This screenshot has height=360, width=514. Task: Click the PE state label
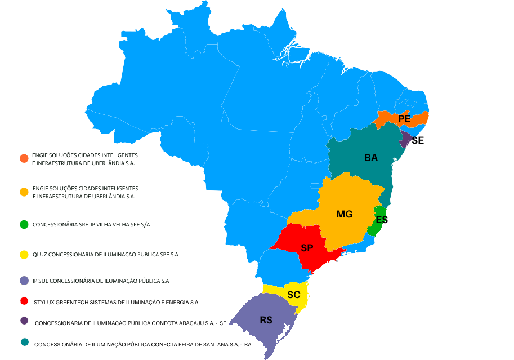point(404,119)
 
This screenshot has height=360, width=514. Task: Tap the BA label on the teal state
point(371,158)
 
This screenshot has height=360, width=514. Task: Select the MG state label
point(345,214)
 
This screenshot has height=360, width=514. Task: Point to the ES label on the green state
point(381,220)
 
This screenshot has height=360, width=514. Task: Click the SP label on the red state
point(307,248)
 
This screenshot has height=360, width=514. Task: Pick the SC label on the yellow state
point(293,295)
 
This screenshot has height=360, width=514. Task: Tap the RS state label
point(266,320)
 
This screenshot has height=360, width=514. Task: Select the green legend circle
point(24,224)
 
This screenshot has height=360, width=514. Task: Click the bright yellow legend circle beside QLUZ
point(24,255)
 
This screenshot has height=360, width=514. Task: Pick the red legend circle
point(24,301)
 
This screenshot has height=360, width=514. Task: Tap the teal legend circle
point(24,341)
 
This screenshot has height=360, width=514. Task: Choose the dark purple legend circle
point(24,321)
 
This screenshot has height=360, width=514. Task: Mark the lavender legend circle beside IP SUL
point(24,280)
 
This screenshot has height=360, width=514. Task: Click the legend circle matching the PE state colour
point(24,158)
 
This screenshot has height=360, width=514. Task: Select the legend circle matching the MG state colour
point(24,192)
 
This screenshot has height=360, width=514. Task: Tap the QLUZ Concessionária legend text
point(105,255)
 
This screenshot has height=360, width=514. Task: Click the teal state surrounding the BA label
point(360,175)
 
